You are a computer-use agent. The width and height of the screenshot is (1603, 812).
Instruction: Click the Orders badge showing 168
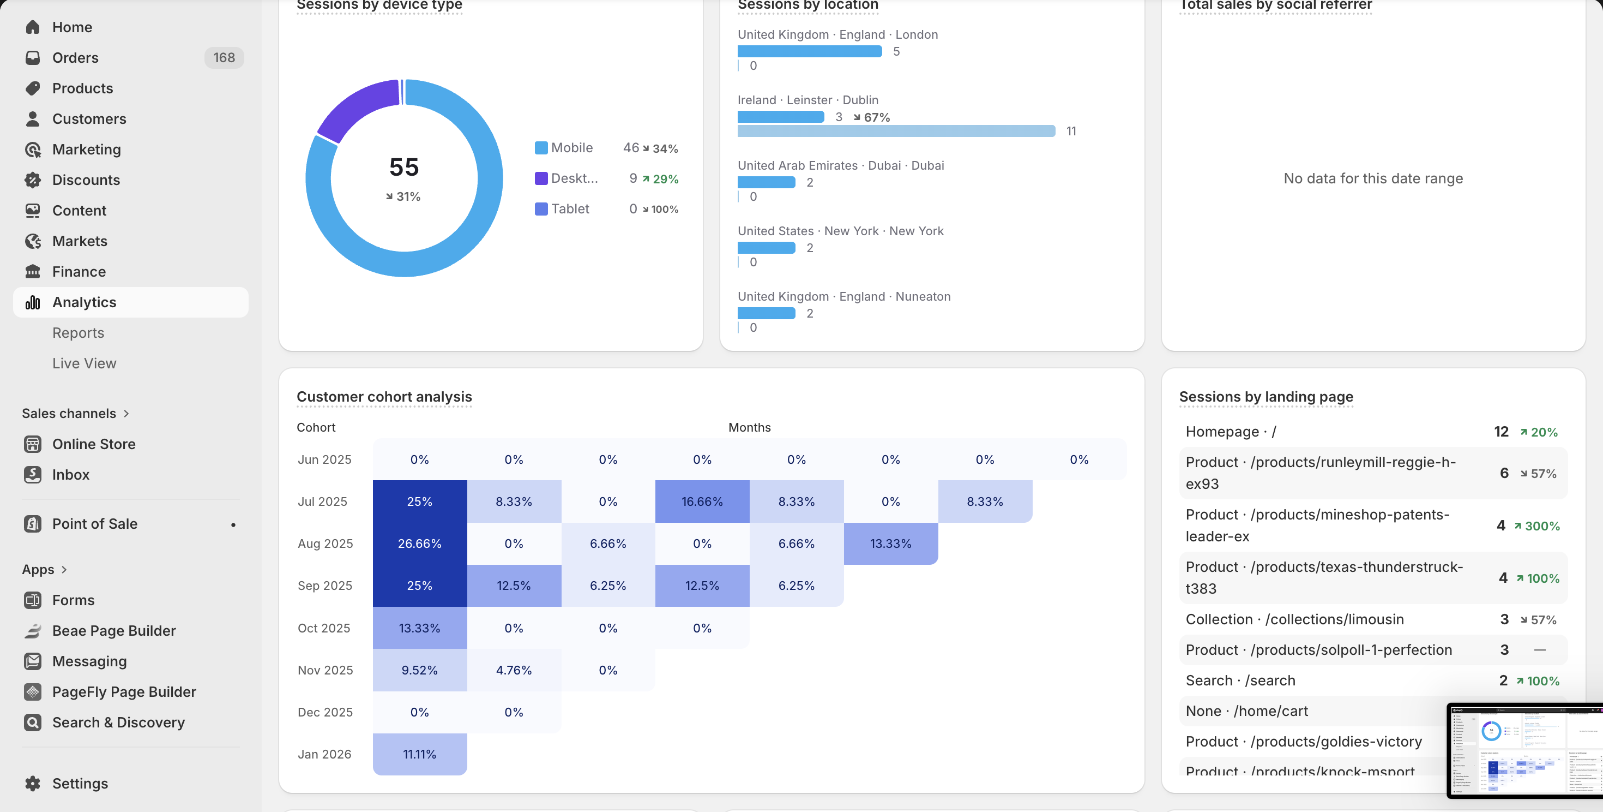click(224, 58)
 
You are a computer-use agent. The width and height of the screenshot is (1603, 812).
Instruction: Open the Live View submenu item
click(84, 363)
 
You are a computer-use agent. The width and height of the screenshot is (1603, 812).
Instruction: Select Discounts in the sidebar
click(86, 180)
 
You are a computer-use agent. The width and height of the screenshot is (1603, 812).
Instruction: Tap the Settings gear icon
click(33, 784)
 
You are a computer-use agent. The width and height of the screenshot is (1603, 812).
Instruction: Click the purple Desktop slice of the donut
click(358, 109)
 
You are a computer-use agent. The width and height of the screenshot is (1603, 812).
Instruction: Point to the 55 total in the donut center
click(404, 167)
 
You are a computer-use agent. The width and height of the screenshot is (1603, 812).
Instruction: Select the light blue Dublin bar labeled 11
click(895, 131)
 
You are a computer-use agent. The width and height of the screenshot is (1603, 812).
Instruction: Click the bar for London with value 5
click(809, 52)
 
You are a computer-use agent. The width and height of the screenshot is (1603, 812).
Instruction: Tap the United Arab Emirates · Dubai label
click(840, 165)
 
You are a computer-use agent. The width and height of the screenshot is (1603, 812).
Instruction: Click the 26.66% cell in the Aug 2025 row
click(419, 544)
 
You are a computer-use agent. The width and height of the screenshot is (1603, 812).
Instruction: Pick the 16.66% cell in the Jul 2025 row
click(702, 501)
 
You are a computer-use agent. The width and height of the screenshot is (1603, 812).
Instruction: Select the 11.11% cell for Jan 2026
click(419, 754)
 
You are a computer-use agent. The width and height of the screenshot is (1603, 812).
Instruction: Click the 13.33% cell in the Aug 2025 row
click(890, 544)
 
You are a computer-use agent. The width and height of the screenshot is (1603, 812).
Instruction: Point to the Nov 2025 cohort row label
click(325, 670)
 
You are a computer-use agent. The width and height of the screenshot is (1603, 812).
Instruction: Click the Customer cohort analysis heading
click(384, 397)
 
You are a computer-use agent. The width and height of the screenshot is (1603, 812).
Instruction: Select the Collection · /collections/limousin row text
click(1294, 619)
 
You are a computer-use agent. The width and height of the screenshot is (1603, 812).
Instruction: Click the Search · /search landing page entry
click(1240, 680)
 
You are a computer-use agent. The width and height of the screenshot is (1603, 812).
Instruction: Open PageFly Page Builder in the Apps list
click(124, 692)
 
